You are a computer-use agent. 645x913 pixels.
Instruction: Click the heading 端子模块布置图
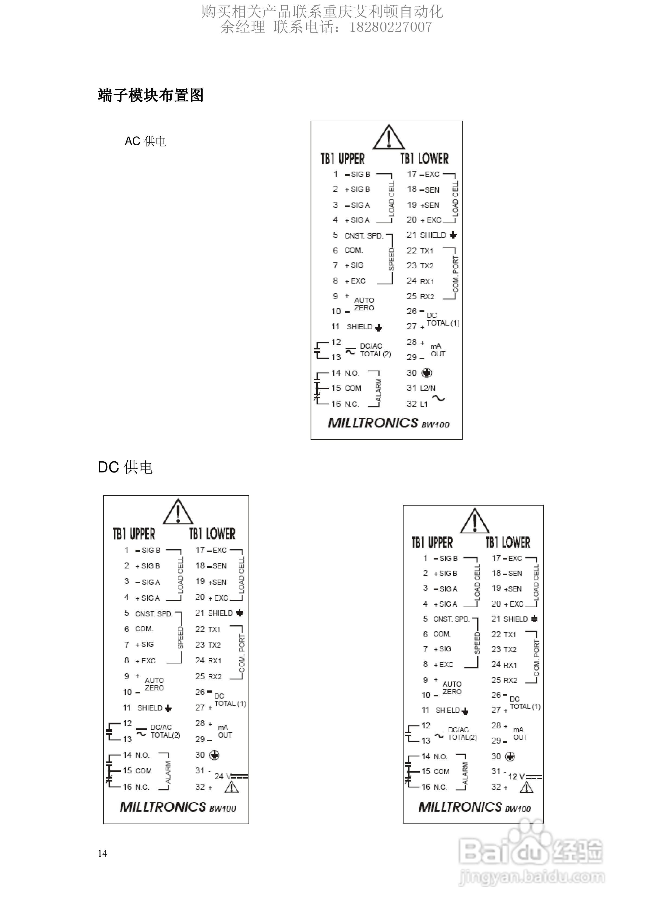150,95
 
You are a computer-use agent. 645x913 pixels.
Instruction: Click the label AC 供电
145,141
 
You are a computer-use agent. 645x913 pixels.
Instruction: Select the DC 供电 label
125,467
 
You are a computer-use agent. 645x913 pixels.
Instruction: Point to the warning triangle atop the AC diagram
389,137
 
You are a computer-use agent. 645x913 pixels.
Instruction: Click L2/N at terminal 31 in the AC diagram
427,388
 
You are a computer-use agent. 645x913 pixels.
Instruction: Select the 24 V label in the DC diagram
223,776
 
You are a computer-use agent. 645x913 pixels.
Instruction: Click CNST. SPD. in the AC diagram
363,236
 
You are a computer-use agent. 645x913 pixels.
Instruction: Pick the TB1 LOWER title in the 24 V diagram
212,534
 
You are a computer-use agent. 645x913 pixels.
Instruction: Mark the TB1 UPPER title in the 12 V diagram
432,542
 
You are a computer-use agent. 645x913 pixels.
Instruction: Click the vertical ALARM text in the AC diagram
379,390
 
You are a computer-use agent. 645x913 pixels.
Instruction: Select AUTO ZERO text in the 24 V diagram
154,684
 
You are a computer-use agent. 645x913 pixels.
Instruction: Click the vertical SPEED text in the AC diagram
391,259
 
